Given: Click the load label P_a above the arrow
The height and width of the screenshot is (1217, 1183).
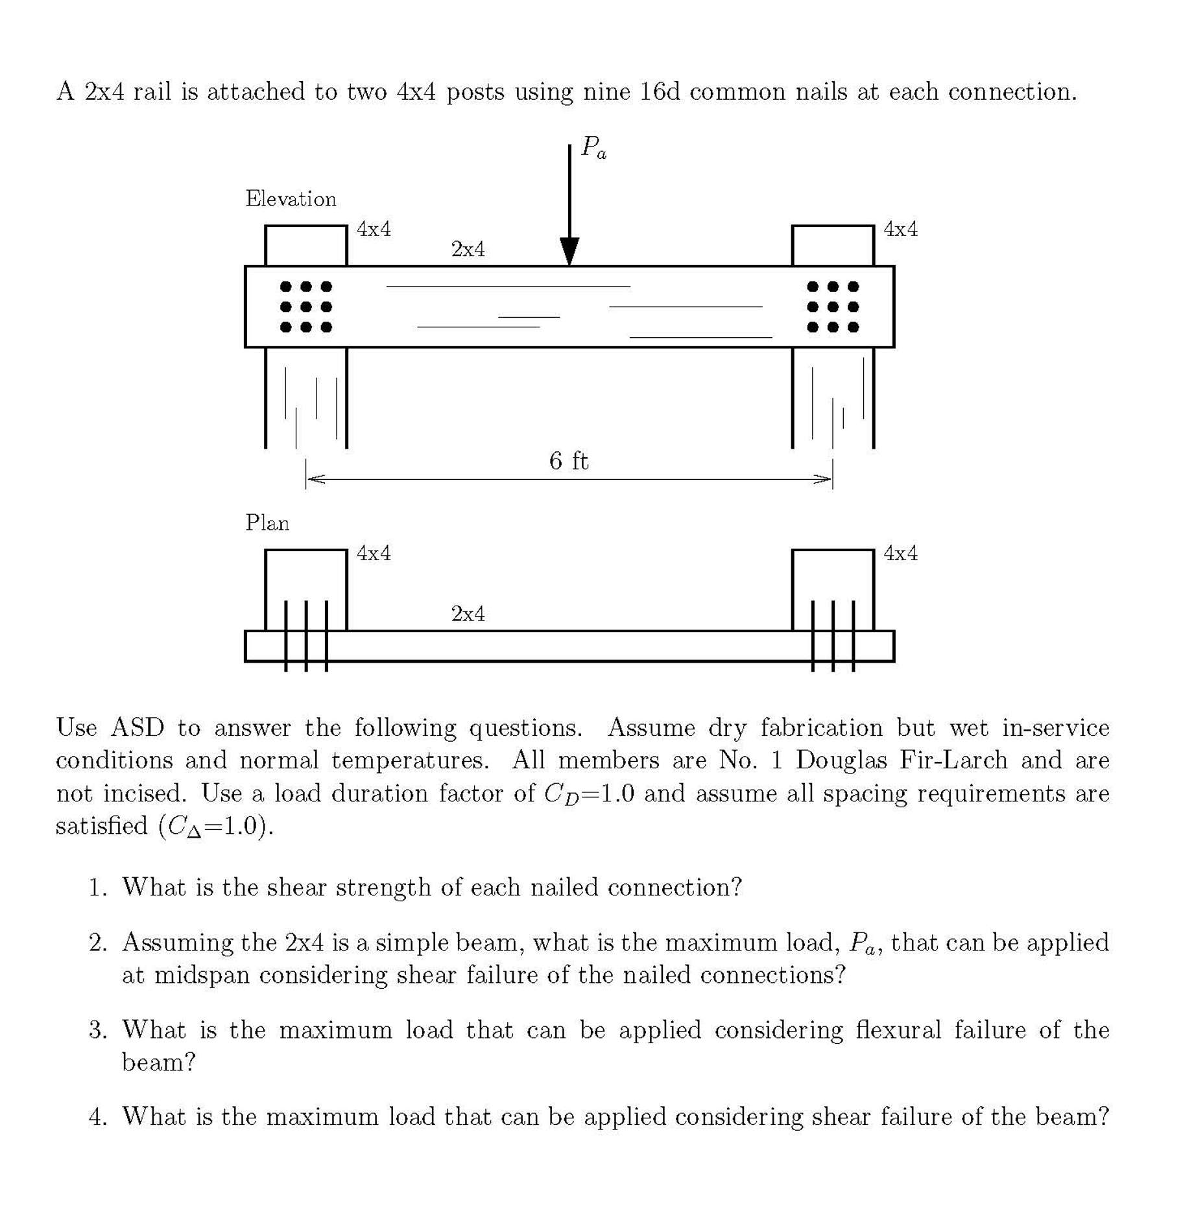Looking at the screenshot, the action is click(x=593, y=147).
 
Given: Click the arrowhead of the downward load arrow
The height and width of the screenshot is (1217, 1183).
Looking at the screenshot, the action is click(x=569, y=252).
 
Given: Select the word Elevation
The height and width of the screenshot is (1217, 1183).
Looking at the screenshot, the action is click(x=291, y=198).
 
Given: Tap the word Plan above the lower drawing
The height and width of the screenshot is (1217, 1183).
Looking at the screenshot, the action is click(x=267, y=523).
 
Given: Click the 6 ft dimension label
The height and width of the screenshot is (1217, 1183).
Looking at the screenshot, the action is click(x=569, y=461).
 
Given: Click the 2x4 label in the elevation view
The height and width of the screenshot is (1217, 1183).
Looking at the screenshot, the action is click(x=468, y=249).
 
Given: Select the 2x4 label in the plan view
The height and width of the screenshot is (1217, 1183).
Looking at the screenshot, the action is click(x=468, y=613).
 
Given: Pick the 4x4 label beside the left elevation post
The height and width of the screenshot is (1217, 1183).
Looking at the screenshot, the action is click(x=374, y=229).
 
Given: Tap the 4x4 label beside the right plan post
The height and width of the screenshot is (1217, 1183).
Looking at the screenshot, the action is click(x=900, y=553).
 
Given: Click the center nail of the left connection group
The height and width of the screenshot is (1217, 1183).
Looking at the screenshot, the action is click(x=305, y=307).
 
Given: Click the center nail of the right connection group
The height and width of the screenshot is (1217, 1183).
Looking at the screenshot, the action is click(x=833, y=307).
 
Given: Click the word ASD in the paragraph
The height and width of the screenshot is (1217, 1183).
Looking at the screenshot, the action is click(x=137, y=727).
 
